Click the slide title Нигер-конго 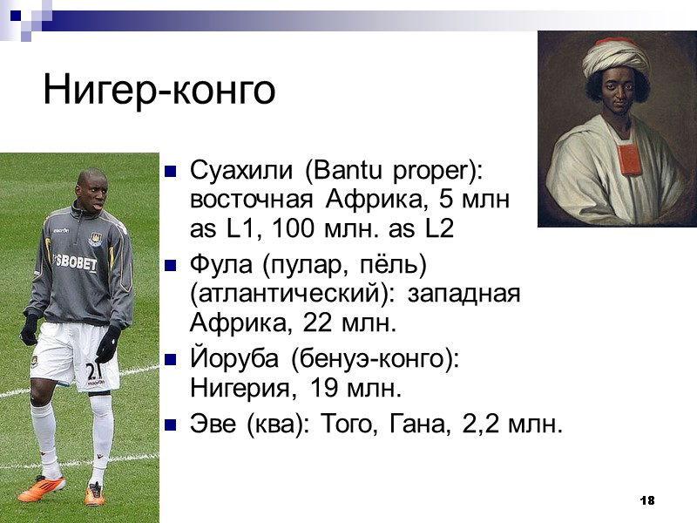[159, 90]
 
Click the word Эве [211, 425]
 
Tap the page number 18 [646, 500]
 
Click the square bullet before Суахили [171, 170]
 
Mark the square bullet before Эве [171, 425]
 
